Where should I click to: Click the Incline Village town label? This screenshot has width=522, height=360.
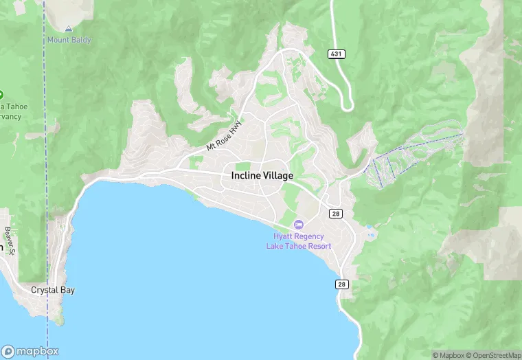pyautogui.click(x=262, y=176)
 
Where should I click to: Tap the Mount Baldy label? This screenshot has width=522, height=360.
pyautogui.click(x=69, y=40)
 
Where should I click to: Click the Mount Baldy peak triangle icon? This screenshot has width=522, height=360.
pyautogui.click(x=68, y=29)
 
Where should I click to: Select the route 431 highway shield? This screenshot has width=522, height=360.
pyautogui.click(x=336, y=54)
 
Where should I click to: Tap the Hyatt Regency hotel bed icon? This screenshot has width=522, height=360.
pyautogui.click(x=298, y=225)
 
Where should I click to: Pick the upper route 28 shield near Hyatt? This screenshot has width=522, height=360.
pyautogui.click(x=335, y=214)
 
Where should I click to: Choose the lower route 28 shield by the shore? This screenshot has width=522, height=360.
pyautogui.click(x=343, y=284)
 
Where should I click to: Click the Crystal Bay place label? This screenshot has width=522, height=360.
pyautogui.click(x=53, y=290)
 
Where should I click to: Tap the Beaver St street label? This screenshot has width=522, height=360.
pyautogui.click(x=8, y=239)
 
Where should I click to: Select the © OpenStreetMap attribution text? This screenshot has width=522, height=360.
pyautogui.click(x=494, y=355)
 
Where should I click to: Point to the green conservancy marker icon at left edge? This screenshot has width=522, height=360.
pyautogui.click(x=1, y=94)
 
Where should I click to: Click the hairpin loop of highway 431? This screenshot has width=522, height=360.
pyautogui.click(x=348, y=105)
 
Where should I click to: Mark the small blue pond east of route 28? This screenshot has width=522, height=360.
pyautogui.click(x=370, y=226)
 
